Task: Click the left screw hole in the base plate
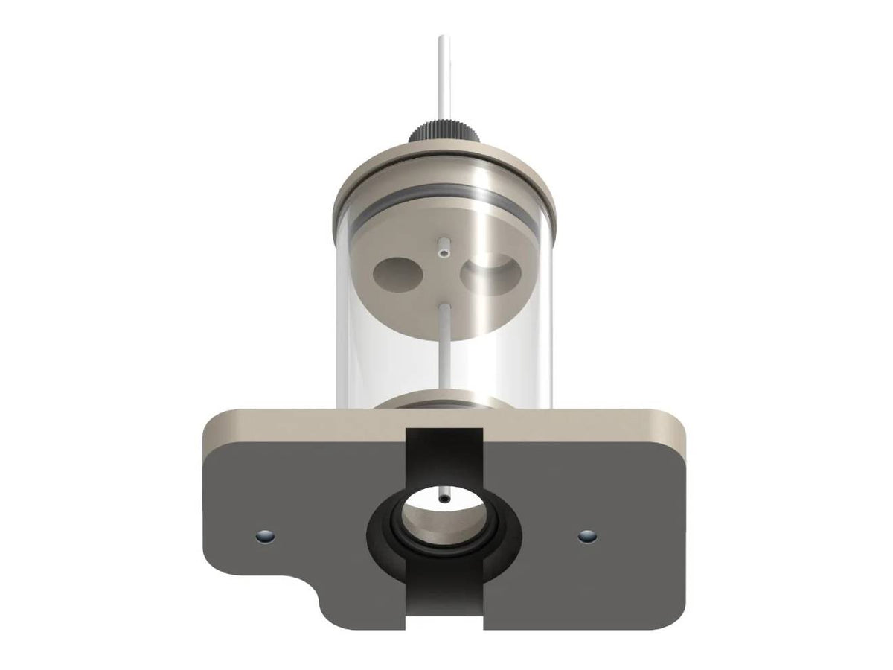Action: [x=263, y=535]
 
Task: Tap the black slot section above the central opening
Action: [x=444, y=454]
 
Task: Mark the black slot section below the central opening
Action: [x=444, y=603]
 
